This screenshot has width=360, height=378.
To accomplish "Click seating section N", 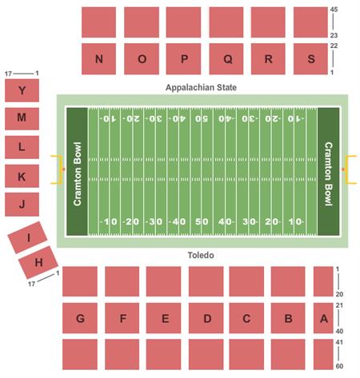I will point(98,58).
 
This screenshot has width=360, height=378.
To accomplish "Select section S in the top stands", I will point(310,58).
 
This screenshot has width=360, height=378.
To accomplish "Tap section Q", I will point(226,58).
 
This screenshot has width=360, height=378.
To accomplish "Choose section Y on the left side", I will point(22,91).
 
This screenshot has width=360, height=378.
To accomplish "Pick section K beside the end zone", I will point(22,177).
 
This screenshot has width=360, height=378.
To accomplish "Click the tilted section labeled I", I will point(28,237).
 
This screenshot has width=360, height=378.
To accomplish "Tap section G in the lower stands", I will point(80,319).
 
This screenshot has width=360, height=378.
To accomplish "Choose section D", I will point(206,319).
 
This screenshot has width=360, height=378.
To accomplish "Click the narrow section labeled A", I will point(323,319).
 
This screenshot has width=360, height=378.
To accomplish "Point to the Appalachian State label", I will point(201,87).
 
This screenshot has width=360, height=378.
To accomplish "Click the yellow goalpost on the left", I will point(57,169).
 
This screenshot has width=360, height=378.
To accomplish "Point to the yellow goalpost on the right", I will point(349,169).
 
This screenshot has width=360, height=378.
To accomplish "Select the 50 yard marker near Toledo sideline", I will point(202,221).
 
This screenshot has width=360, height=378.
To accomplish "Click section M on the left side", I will point(22,118).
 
